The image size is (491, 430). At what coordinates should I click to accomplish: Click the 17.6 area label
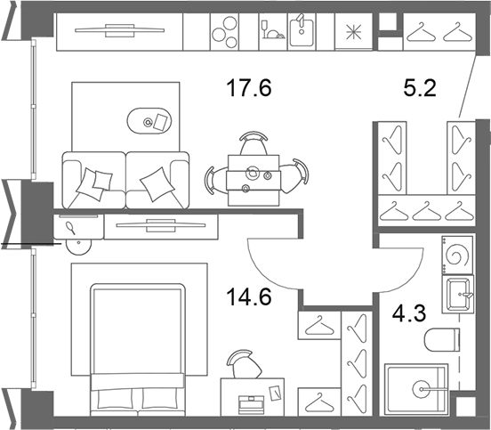249,88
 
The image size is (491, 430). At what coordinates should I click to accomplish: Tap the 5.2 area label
420,88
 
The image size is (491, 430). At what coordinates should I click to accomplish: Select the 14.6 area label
249,296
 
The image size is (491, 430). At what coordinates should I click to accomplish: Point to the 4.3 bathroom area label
409,313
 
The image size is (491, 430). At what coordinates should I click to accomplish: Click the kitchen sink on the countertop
302,31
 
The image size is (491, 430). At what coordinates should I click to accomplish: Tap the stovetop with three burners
224,32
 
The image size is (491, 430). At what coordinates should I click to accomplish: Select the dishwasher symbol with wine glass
273,32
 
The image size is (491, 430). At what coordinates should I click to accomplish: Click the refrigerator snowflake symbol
353,32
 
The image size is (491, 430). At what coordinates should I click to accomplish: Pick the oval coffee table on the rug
149,121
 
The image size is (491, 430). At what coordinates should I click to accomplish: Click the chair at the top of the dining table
254,143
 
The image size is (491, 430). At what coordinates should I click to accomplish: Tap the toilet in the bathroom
442,340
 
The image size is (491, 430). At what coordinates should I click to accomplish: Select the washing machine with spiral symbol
457,256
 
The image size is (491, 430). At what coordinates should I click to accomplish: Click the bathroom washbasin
458,295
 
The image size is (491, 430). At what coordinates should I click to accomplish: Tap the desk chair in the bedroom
245,364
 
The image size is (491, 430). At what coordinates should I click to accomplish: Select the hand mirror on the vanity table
71,227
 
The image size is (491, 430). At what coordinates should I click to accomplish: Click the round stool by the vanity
79,246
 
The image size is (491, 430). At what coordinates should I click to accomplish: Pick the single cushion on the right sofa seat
157,184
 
